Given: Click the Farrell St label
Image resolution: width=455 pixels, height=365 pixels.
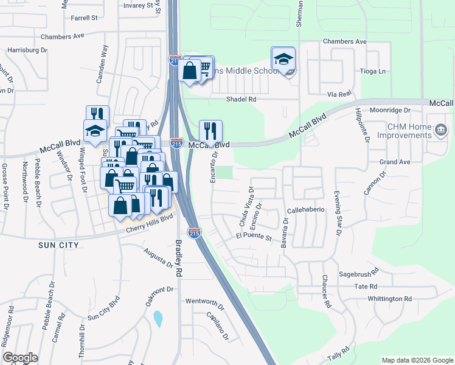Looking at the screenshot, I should coord(84,18).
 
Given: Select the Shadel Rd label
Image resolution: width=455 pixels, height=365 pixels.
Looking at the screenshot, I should coord(241,99).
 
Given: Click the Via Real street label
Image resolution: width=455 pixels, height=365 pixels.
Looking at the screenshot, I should coord(339,94).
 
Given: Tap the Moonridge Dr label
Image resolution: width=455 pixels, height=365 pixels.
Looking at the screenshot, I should coord(391,111).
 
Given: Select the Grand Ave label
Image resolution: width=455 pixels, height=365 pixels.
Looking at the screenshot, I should coord(395,162).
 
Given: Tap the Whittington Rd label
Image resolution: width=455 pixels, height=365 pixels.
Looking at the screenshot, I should coord(390,299).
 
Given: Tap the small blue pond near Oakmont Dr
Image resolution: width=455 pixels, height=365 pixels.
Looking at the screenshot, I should coord(158,318).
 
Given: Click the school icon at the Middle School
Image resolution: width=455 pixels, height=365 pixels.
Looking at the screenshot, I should coord(283,59).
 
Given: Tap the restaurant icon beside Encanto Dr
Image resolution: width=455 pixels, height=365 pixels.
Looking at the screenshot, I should coord(210,131).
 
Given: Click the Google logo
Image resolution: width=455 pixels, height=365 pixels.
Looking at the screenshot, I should coord(19,358).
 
